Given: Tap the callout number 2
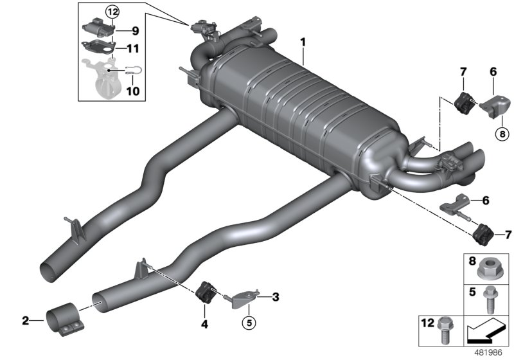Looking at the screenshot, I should point(25,319).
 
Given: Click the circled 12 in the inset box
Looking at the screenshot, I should point(112,12).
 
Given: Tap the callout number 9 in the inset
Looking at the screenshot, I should point(134,30).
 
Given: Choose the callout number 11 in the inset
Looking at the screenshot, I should point(134,48).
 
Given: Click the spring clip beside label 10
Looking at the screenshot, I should point(134,72).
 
